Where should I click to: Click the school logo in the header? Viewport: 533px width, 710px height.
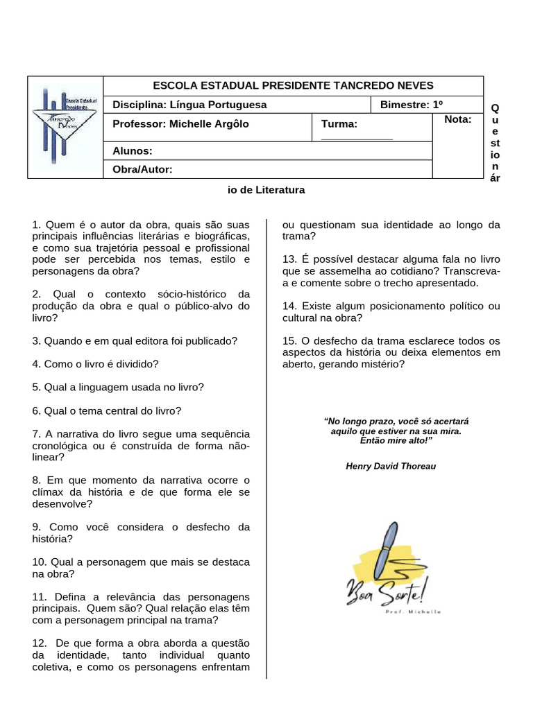click(65, 127)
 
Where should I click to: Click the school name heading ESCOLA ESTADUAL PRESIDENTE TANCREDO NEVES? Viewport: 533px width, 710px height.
click(292, 85)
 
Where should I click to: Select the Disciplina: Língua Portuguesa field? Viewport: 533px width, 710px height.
click(189, 105)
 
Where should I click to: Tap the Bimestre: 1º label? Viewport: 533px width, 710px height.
click(412, 105)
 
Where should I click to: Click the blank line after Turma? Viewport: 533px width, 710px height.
click(357, 138)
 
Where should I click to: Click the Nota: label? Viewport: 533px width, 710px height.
click(457, 119)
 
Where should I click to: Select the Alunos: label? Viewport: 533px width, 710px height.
click(133, 150)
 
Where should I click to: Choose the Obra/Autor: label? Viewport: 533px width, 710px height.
click(142, 169)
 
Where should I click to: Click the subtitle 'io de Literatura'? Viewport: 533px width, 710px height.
click(266, 189)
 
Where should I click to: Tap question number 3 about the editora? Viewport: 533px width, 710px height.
click(135, 340)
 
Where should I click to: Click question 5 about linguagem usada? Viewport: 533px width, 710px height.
click(118, 386)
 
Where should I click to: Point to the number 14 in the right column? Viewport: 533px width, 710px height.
click(289, 306)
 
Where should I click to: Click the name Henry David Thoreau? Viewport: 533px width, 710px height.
click(391, 466)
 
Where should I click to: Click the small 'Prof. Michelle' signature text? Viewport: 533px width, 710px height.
click(412, 611)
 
